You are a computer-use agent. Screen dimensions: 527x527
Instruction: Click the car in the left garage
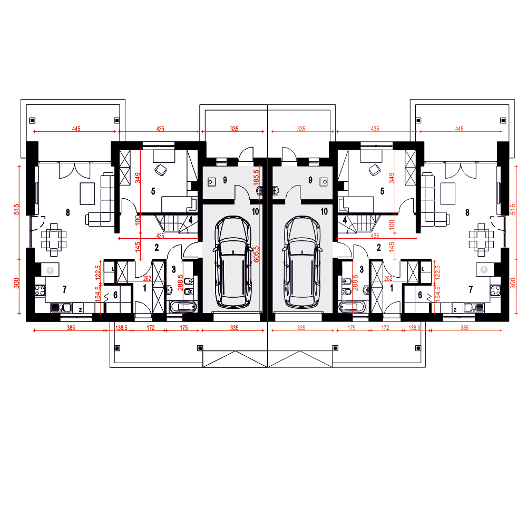[x=233, y=261]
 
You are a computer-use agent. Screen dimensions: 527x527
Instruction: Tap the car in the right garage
[x=302, y=261]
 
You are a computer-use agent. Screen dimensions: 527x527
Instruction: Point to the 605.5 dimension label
[x=257, y=254]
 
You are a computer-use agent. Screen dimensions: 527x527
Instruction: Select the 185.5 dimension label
[x=257, y=177]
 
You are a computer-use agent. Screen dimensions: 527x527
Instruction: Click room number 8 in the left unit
[x=68, y=212]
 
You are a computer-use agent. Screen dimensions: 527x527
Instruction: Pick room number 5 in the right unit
[x=382, y=191]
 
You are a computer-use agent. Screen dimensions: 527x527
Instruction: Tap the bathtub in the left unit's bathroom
[x=183, y=307]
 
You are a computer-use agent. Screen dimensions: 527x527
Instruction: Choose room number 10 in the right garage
[x=324, y=211]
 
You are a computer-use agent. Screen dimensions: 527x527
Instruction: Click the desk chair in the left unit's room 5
[x=161, y=170]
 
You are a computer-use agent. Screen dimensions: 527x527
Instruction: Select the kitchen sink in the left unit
[x=61, y=308]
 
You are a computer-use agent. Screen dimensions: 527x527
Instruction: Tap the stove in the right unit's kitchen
[x=495, y=290]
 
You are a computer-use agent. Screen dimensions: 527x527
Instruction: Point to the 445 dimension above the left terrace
[x=76, y=129]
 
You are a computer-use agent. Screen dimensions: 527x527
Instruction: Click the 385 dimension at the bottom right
[x=464, y=328]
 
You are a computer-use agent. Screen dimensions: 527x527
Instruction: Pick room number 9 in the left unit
[x=225, y=180]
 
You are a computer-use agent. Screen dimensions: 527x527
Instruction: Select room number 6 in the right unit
[x=420, y=295]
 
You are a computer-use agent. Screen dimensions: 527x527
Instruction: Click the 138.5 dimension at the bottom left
[x=121, y=328]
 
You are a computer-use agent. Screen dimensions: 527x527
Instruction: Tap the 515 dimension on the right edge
[x=513, y=209]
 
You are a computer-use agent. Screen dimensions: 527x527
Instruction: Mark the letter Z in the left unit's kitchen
[x=81, y=310]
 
